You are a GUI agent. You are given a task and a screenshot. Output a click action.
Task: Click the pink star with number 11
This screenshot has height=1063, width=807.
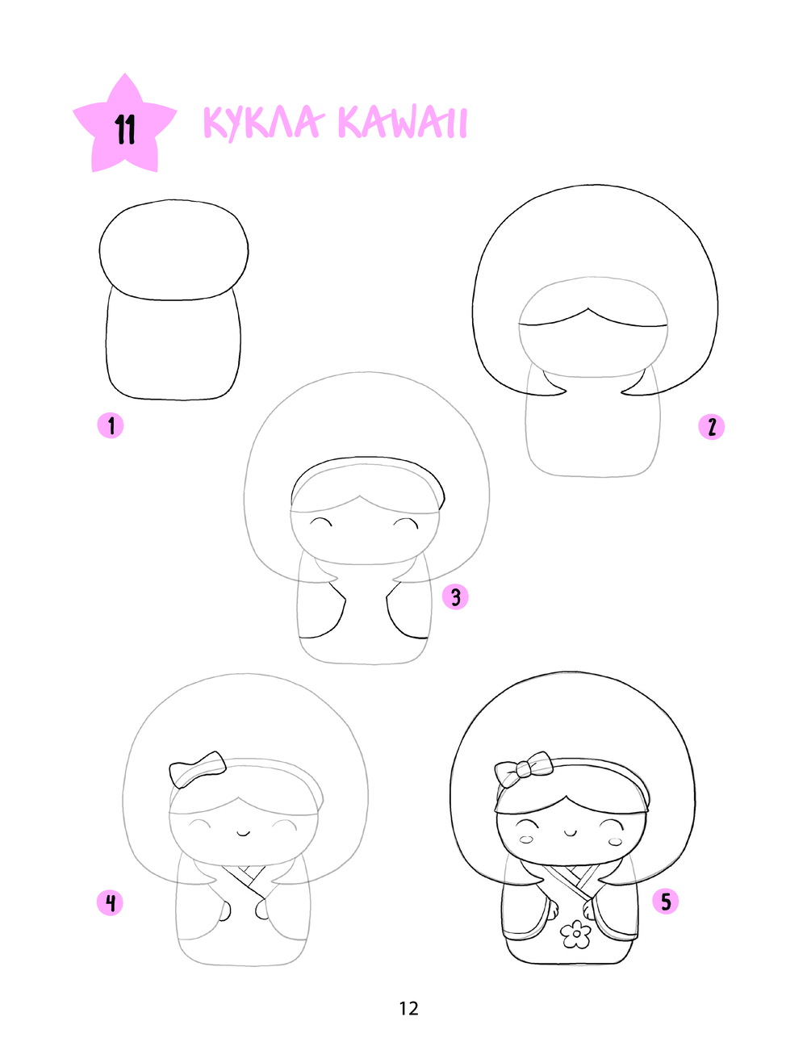[x=124, y=127]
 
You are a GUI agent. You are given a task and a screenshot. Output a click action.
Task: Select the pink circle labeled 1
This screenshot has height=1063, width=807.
[x=111, y=425]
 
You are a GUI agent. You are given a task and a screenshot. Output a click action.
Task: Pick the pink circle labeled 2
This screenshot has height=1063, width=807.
[x=711, y=427]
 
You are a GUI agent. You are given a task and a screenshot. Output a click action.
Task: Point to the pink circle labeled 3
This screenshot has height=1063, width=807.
[x=455, y=596]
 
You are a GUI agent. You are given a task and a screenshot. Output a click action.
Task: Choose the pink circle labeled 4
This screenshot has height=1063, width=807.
[x=111, y=902]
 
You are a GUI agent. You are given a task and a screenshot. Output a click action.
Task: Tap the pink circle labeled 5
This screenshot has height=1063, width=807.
[x=666, y=902]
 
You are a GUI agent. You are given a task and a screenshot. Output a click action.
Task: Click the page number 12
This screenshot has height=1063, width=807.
[x=408, y=1009]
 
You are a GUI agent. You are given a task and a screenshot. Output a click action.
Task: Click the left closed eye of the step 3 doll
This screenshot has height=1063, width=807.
[x=320, y=521]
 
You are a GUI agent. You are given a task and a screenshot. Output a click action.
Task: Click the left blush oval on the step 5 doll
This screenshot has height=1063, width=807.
[x=525, y=839]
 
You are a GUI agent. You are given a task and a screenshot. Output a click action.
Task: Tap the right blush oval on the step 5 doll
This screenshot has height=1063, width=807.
[x=616, y=842]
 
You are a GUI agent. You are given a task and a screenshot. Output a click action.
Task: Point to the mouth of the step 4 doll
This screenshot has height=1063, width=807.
[x=244, y=832]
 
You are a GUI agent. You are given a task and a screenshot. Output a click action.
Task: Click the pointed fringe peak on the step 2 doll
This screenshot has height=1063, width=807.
[x=587, y=308]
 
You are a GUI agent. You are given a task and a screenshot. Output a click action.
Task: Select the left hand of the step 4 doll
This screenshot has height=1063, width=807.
[x=226, y=911]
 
